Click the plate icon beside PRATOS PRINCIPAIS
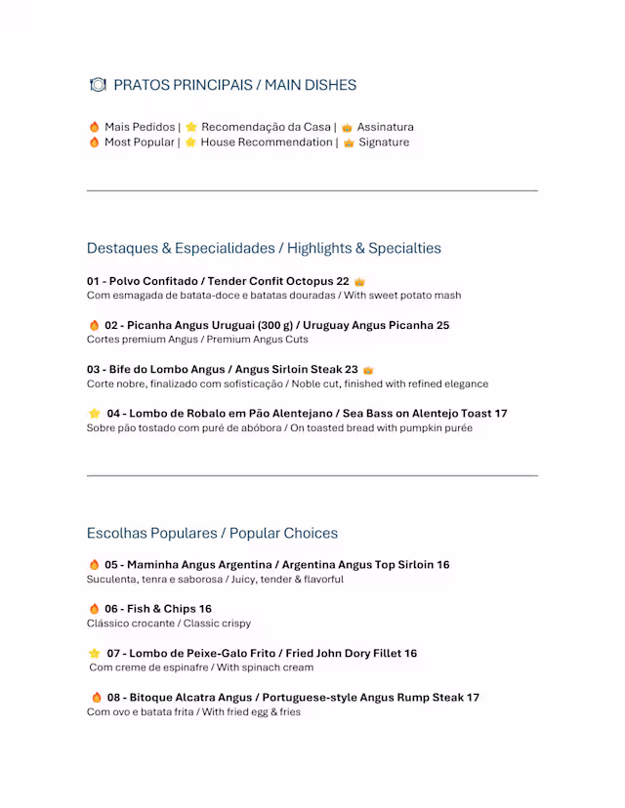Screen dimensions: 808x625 pyautogui.click(x=97, y=85)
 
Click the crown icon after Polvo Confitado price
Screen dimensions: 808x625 pyautogui.click(x=359, y=281)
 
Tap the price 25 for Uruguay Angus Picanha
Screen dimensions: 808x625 pyautogui.click(x=442, y=325)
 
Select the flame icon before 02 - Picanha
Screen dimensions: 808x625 pyautogui.click(x=95, y=325)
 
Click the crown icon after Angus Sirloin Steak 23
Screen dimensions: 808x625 pyautogui.click(x=368, y=370)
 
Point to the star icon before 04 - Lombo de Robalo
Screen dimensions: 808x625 pyautogui.click(x=95, y=414)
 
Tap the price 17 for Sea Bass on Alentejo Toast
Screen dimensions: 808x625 pyautogui.click(x=500, y=414)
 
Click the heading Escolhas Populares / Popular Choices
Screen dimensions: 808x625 pyautogui.click(x=212, y=533)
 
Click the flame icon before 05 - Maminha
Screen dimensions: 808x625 pyautogui.click(x=95, y=565)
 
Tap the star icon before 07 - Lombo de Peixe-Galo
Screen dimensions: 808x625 pyautogui.click(x=95, y=654)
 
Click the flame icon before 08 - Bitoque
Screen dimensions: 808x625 pyautogui.click(x=97, y=698)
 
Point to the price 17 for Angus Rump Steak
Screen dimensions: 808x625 pyautogui.click(x=473, y=698)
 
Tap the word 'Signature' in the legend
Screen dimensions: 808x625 pyautogui.click(x=384, y=142)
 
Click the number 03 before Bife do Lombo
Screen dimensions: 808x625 pyautogui.click(x=94, y=370)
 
